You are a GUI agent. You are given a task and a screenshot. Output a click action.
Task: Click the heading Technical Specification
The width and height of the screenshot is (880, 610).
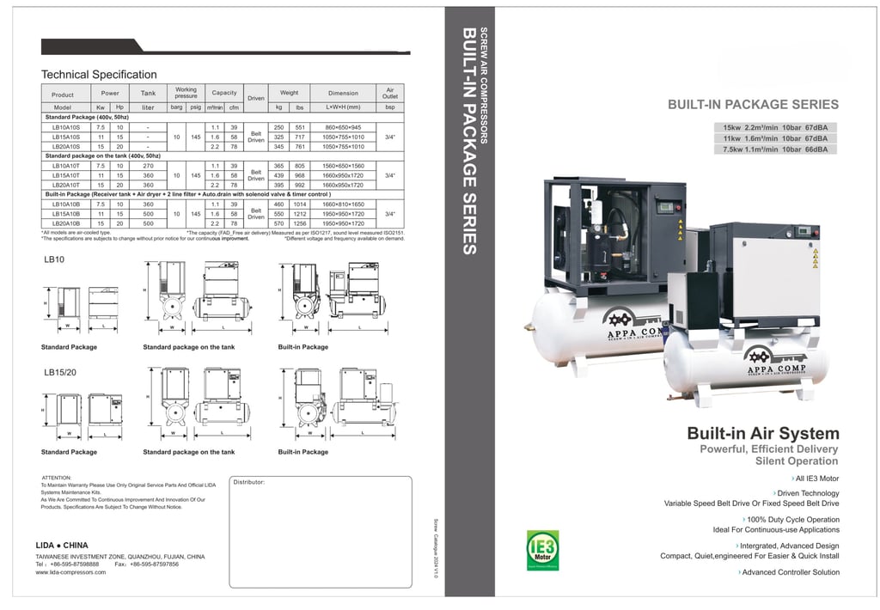[99, 75]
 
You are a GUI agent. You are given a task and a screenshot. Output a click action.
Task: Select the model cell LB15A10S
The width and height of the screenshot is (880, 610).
[67, 137]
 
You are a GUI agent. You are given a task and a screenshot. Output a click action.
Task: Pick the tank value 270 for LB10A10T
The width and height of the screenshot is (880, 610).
[148, 166]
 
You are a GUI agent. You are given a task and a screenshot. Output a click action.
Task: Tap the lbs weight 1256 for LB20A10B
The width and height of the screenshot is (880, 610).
[299, 223]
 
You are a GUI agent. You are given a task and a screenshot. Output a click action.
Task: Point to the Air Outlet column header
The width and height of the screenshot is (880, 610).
[389, 93]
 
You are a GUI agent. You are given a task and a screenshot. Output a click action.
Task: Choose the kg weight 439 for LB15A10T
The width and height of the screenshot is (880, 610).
[278, 175]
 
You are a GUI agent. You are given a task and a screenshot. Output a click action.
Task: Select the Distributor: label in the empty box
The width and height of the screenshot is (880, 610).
[249, 482]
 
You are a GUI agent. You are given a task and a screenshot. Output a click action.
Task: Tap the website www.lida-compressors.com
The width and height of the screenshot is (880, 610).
[70, 572]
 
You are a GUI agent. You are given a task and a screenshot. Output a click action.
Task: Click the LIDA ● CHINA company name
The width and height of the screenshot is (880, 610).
[62, 546]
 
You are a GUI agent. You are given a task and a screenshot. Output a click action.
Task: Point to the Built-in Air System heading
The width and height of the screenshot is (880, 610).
[762, 434]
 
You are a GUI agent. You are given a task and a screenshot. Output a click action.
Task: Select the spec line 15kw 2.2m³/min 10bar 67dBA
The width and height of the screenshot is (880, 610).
[774, 128]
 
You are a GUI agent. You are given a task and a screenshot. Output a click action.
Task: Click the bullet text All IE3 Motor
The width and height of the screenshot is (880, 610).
[817, 479]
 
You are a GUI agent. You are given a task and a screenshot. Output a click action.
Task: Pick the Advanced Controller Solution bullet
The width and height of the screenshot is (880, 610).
[790, 572]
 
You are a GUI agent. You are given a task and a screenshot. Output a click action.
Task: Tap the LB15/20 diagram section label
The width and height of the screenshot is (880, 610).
[60, 373]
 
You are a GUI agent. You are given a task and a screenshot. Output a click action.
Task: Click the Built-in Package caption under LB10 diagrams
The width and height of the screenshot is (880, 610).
[302, 347]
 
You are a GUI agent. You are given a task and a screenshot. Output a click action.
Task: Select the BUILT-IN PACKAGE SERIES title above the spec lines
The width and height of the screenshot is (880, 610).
[753, 105]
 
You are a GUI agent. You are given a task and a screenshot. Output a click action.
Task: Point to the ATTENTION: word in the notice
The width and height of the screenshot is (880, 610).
[57, 477]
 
